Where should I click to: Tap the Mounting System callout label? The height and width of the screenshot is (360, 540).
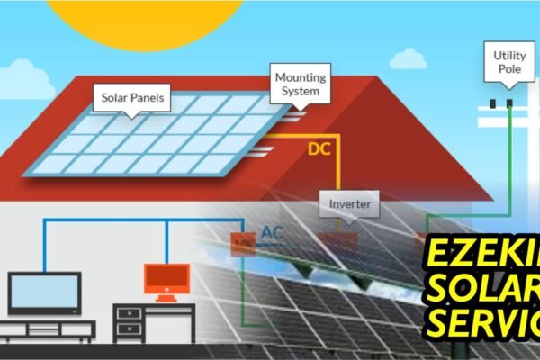pyautogui.click(x=301, y=84)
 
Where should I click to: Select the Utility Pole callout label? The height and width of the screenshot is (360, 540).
pyautogui.click(x=509, y=62)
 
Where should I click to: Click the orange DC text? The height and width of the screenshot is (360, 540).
pyautogui.click(x=319, y=149)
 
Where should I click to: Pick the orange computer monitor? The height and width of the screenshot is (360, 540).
pyautogui.click(x=166, y=280)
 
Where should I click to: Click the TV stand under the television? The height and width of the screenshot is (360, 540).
pyautogui.click(x=45, y=328)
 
